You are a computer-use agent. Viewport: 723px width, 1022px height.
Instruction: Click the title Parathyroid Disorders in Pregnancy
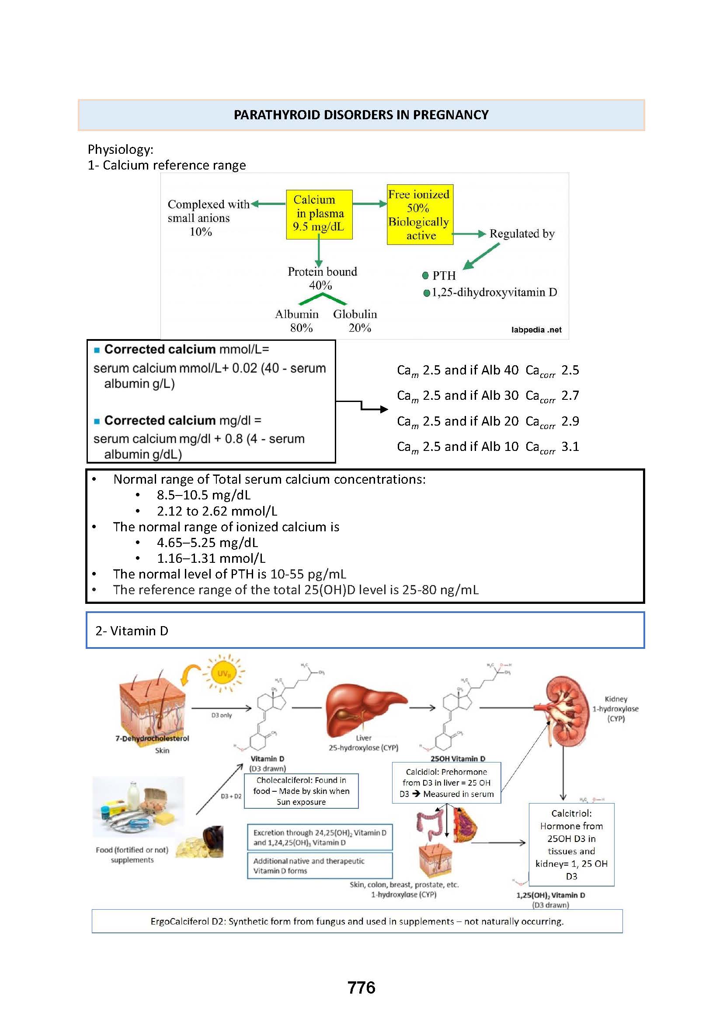tap(361, 115)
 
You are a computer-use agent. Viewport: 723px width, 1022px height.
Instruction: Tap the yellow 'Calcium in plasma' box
tap(319, 214)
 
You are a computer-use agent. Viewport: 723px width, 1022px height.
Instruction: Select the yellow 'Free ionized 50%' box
tap(419, 215)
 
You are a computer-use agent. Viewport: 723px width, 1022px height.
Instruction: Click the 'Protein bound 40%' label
tap(322, 278)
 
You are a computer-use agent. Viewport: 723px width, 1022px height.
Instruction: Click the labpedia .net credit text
tap(536, 330)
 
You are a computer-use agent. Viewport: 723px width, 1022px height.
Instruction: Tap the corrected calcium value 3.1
tap(570, 447)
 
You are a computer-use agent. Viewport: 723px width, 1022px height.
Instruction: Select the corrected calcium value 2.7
tap(570, 395)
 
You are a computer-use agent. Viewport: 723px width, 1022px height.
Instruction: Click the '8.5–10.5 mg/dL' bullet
tap(203, 495)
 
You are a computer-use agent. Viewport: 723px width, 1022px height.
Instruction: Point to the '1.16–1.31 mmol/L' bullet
tap(211, 558)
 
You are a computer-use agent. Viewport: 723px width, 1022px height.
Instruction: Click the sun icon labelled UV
tap(224, 674)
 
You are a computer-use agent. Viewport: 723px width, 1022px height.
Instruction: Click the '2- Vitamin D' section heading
tap(132, 631)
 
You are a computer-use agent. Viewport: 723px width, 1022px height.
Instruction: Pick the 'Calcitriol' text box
tap(571, 845)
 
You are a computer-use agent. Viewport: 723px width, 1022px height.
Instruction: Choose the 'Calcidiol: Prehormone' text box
tap(446, 783)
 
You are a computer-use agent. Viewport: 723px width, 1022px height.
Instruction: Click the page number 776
tap(361, 988)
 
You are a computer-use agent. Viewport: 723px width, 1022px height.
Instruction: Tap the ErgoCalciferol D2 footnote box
tap(357, 921)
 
